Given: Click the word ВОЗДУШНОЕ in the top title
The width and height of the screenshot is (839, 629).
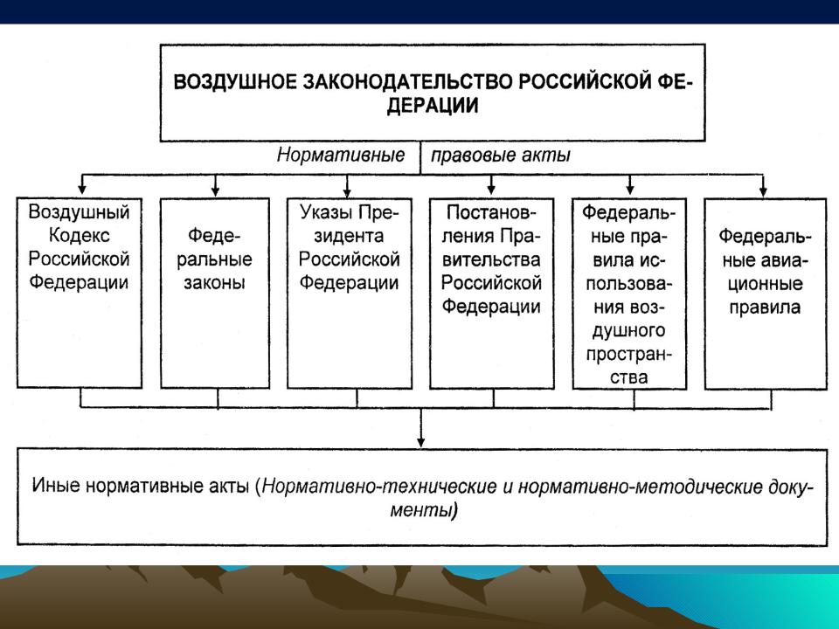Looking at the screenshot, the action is (x=235, y=82).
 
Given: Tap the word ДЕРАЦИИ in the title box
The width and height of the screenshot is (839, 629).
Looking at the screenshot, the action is (x=433, y=106).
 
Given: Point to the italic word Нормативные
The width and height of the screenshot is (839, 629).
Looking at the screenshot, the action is (x=341, y=156).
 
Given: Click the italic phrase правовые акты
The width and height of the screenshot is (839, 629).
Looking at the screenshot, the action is (x=500, y=156).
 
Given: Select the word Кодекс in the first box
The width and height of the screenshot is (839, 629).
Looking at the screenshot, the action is (x=80, y=235).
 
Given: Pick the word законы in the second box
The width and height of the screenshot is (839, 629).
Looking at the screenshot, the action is (x=215, y=282).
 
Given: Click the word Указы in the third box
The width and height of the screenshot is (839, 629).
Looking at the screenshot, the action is (x=325, y=212).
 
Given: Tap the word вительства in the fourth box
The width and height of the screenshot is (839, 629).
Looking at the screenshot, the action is (x=491, y=259).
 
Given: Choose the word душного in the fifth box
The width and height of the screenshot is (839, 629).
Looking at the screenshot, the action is (x=628, y=331).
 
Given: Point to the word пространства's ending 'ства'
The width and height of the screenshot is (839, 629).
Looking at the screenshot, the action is (x=628, y=377).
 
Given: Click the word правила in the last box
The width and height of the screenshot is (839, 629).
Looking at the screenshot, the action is (x=765, y=307).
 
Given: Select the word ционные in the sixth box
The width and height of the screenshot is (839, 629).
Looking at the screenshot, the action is (x=766, y=283).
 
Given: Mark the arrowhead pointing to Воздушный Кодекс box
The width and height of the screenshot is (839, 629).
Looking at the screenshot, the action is (x=82, y=189).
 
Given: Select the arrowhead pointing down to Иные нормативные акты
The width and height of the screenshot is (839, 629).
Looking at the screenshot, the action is (x=421, y=442).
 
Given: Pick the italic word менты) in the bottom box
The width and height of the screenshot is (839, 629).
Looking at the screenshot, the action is (x=424, y=509).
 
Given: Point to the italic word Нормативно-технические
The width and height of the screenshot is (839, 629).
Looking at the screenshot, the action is (x=380, y=487).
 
